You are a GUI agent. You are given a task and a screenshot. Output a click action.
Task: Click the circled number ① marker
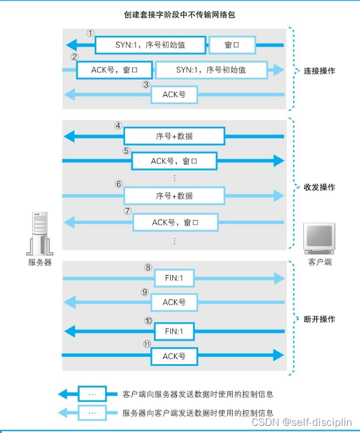tap(90, 32)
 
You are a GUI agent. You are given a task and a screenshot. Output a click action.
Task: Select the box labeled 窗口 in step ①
tap(232, 45)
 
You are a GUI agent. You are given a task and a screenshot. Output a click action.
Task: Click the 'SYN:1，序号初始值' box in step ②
tap(211, 70)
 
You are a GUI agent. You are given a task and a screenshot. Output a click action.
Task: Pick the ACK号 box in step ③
tap(174, 95)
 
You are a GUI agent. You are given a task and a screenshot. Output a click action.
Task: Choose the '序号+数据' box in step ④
tap(174, 136)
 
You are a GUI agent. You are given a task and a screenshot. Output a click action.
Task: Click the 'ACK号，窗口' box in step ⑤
tap(174, 161)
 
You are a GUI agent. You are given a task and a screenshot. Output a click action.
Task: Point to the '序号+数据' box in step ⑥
tap(174, 195)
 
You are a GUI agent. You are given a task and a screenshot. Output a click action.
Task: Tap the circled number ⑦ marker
tap(128, 211)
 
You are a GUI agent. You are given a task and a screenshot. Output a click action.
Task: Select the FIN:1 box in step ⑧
tap(174, 279)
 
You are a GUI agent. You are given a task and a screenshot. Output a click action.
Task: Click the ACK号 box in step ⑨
tap(174, 302)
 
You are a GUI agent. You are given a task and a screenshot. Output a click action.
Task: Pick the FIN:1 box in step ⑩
tap(174, 332)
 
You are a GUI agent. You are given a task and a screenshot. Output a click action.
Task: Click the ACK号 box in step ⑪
tap(174, 356)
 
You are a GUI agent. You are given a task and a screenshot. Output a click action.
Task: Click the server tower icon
tap(40, 233)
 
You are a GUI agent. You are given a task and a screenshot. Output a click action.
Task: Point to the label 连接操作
tap(319, 71)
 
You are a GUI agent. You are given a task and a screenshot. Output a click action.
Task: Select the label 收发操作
tap(319, 187)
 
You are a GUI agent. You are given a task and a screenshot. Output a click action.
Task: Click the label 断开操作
tap(319, 319)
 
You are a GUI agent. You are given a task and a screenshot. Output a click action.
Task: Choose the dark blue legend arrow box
tap(92, 394)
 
